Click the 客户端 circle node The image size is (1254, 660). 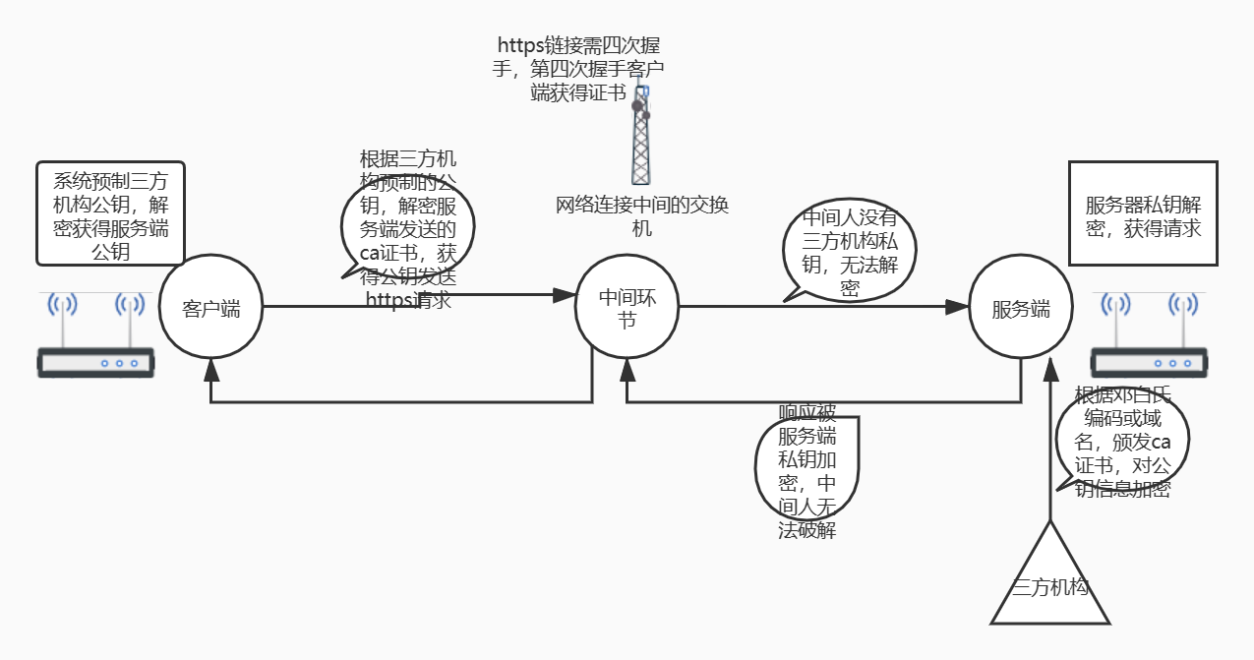[210, 308]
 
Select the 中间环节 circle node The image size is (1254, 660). [627, 308]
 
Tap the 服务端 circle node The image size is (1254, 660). [1020, 308]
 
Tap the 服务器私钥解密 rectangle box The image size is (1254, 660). [1143, 213]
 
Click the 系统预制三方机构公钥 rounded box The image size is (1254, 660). [110, 213]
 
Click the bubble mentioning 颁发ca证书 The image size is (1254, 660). [1122, 442]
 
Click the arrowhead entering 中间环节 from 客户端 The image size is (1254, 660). [565, 294]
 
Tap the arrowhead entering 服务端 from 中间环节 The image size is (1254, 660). [957, 307]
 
